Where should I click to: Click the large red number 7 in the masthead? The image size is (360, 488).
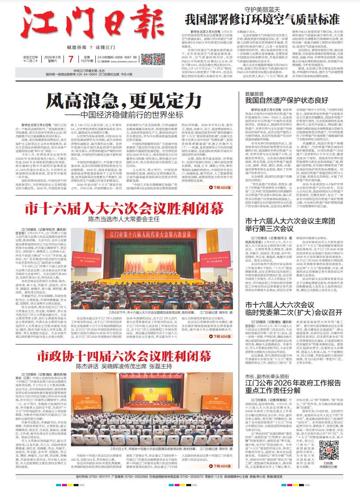pyautogui.click(x=71, y=58)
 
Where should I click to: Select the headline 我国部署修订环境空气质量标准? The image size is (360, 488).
pyautogui.click(x=263, y=19)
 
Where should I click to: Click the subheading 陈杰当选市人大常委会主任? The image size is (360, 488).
pyautogui.click(x=124, y=219)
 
